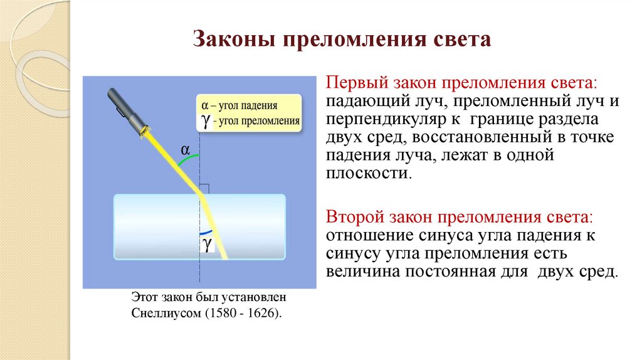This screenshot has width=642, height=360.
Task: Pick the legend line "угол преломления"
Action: pos(257,120)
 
